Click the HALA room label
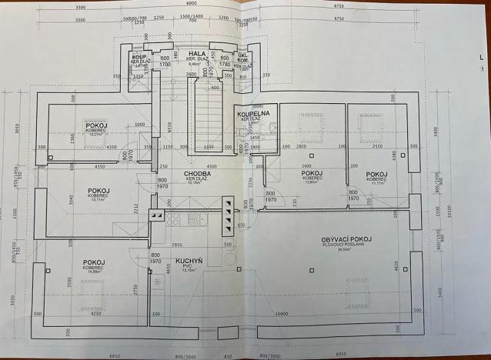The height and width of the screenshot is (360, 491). (185, 53)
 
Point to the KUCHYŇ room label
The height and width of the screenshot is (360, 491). (189, 262)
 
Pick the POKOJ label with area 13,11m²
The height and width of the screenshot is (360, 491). (98, 190)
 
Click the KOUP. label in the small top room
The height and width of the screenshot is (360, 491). (139, 58)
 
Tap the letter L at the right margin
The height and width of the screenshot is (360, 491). (481, 57)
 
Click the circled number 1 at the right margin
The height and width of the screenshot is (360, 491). (481, 69)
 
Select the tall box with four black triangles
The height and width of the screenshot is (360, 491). (228, 215)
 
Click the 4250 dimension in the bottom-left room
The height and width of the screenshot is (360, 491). (96, 314)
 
